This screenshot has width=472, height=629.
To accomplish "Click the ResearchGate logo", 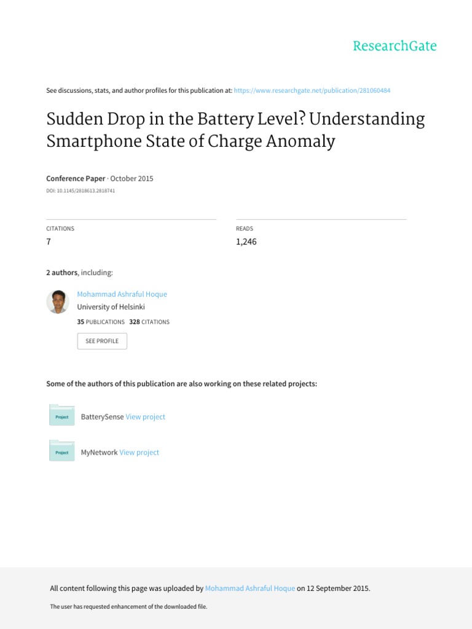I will [x=395, y=46].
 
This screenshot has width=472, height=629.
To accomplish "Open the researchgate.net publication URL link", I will [x=312, y=90].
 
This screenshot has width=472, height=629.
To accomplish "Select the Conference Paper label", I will [x=76, y=179].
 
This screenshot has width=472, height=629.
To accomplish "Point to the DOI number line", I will [x=81, y=191].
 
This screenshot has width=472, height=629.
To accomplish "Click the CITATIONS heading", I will [x=60, y=229].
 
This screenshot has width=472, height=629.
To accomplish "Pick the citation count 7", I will [x=49, y=241].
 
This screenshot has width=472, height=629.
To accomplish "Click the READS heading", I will [x=245, y=229].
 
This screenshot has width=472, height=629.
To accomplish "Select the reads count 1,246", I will [x=246, y=241].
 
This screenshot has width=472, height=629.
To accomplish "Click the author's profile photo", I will [x=58, y=302].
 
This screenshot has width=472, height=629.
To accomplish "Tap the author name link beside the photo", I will [x=122, y=294].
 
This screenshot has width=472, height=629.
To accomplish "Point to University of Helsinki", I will [x=111, y=307].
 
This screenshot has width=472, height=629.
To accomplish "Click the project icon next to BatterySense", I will [x=61, y=416].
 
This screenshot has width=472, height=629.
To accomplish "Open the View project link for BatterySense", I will [x=145, y=416].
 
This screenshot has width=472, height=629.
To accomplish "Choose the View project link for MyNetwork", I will [x=139, y=452].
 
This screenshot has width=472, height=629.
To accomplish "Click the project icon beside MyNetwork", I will [x=61, y=451].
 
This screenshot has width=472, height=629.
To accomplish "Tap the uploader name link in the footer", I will [x=250, y=588].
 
